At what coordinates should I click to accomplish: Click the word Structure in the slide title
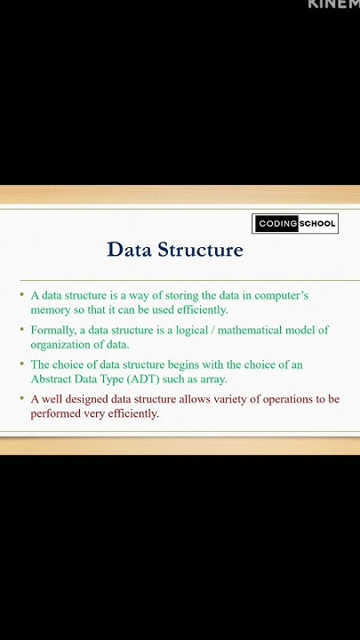pos(200,250)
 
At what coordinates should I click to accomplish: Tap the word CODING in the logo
pos(276,224)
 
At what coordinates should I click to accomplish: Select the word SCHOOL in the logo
pos(316,224)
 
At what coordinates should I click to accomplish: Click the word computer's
pos(277,295)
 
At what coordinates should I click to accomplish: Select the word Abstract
pos(53,379)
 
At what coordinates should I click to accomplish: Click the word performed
pos(58,413)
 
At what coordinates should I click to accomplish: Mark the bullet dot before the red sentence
pos(23,399)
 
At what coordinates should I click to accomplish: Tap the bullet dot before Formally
pos(23,330)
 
